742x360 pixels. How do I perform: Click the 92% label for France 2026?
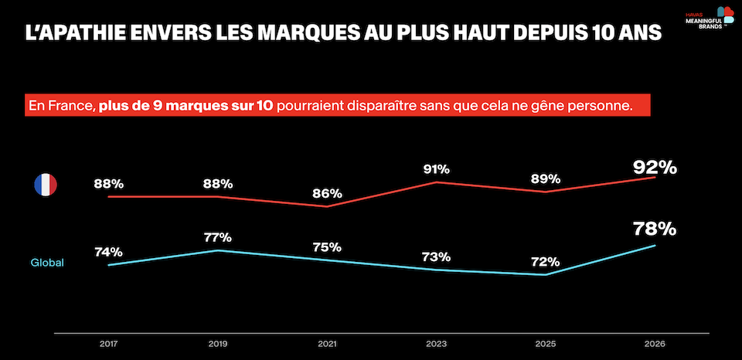pos(655,167)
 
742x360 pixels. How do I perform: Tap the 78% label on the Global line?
pos(655,229)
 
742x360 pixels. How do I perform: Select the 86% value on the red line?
pos(326,194)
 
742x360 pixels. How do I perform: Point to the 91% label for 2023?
pos(436,169)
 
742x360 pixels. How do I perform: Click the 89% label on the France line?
pos(545,178)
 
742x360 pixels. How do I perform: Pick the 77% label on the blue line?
pos(218,237)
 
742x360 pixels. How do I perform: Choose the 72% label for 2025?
pos(545,261)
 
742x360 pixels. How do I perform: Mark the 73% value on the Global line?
pos(436,256)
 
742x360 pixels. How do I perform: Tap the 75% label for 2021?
pos(326,247)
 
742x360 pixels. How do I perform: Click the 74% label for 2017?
pos(109,252)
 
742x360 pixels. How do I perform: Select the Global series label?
pos(47,263)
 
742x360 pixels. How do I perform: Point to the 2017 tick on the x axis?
pos(109,344)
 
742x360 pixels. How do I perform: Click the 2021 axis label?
pos(326,344)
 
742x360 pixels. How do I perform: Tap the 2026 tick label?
pos(655,344)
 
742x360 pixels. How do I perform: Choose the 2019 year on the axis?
pos(218,344)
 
